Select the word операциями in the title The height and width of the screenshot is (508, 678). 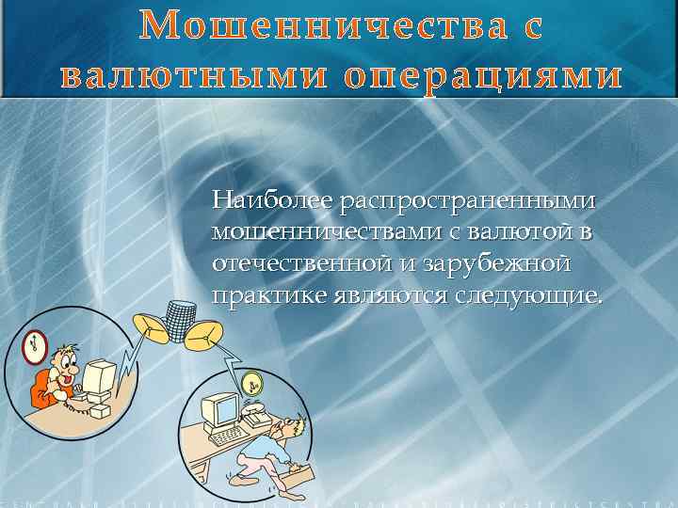483,75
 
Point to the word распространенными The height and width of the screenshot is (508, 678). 468,200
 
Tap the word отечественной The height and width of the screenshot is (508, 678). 301,264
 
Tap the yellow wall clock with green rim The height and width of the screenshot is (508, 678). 251,383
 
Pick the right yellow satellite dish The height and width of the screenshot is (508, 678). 204,335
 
